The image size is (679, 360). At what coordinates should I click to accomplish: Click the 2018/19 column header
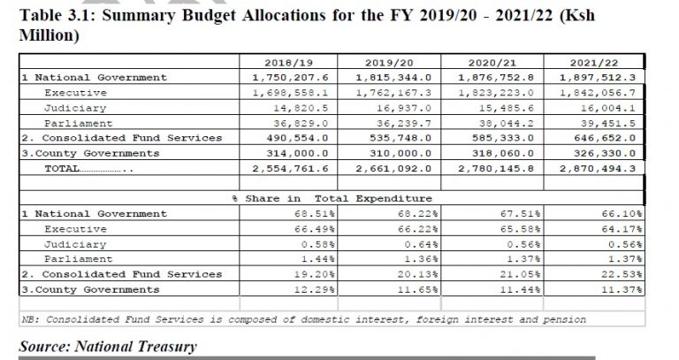(288, 63)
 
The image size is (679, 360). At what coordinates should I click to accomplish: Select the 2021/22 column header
(594, 63)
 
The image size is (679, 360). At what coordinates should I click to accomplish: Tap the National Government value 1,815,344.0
(393, 78)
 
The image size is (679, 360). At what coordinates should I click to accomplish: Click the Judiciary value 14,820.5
(301, 108)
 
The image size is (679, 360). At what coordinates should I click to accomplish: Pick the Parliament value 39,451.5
(608, 123)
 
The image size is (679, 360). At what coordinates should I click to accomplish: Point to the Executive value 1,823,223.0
(496, 93)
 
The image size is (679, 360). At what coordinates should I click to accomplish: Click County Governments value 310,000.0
(401, 153)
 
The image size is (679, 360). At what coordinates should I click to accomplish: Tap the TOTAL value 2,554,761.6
(290, 169)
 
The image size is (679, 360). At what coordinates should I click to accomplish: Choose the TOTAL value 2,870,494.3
(598, 169)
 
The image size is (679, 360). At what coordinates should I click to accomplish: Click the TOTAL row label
(62, 169)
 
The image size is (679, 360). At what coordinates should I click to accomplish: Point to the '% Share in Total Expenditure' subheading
(332, 198)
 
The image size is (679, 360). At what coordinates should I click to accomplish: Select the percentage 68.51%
(315, 213)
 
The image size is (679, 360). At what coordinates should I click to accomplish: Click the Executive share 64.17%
(622, 229)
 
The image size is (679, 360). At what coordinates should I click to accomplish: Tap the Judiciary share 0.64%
(422, 244)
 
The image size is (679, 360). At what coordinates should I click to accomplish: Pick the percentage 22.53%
(622, 274)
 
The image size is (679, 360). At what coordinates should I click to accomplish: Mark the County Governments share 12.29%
(315, 289)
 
